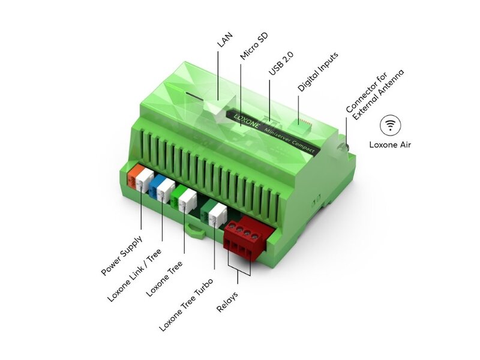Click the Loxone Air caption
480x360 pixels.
tap(394, 144)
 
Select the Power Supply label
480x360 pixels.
tap(122, 254)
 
